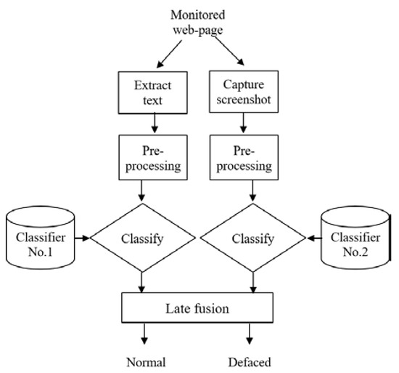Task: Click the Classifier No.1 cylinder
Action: (x=41, y=237)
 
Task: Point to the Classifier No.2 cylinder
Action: (x=354, y=237)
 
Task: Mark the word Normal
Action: (x=145, y=361)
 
